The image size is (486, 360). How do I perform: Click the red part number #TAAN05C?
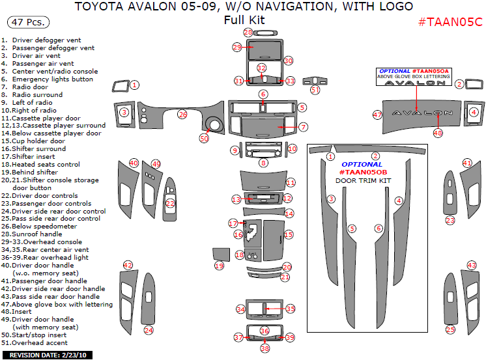pos(450,22)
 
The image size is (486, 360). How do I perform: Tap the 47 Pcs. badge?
pos(28,22)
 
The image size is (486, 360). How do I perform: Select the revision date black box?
pos(48,355)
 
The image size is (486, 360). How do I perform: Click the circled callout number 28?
pos(248,32)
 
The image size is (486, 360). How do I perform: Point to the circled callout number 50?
pos(204,139)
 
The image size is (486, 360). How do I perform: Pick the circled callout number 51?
pos(315,90)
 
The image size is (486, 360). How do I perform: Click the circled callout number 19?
pos(219,266)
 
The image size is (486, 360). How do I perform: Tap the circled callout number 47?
pos(377,115)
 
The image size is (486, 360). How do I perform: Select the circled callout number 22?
pos(171,203)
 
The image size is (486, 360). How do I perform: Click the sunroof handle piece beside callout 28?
pos(265,33)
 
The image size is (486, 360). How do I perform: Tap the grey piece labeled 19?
pos(222,255)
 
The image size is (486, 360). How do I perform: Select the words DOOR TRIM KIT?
pos(364,180)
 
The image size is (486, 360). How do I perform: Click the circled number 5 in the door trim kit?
pos(352,228)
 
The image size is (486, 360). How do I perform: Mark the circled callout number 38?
pos(264,348)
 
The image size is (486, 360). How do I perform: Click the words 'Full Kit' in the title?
pos(244,20)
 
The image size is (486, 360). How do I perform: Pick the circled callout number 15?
pos(288,234)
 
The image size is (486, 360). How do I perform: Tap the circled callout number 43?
pos(472,266)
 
